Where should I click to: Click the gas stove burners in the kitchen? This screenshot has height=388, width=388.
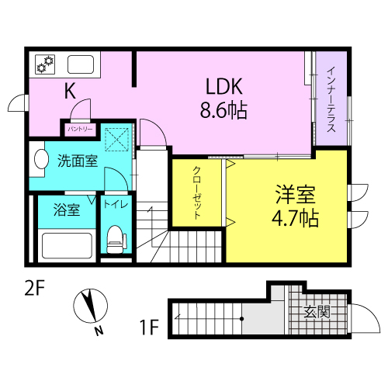pos(45,64)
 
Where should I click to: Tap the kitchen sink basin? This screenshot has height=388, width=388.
pos(81,64)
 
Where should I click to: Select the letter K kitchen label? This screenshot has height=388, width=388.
pos(70,91)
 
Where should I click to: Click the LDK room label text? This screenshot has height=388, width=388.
pos(224,86)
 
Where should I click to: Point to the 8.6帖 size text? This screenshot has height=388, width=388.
pos(223,110)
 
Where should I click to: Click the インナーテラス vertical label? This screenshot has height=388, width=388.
pos(331,99)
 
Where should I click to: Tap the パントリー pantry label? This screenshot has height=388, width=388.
pos(80,129)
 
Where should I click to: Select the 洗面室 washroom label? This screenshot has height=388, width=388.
pos(78,161)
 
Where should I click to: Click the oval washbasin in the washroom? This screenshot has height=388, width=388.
pos(41,159)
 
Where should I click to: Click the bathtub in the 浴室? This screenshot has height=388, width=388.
pos(67,246)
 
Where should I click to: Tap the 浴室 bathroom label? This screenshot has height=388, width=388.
pos(67,210)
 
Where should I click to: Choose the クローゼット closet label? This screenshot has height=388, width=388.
pos(197,192)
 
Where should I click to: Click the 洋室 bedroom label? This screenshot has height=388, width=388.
pos(296,195)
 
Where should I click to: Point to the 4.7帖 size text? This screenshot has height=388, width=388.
pos(295,219)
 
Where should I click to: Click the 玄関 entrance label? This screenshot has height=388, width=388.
pos(317,312)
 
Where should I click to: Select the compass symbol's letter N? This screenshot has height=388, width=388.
pos(99,331)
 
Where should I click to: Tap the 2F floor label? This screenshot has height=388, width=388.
pos(35,288)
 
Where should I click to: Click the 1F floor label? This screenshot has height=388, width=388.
pos(149,327)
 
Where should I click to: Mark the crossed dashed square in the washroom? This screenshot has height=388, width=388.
pos(116,139)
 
